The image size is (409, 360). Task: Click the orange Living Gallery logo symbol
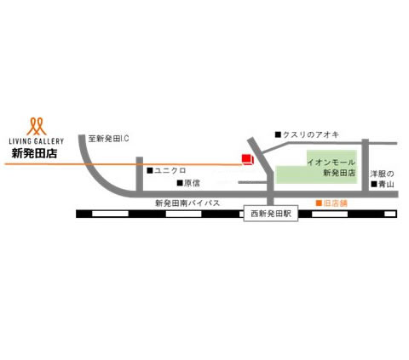(37, 126)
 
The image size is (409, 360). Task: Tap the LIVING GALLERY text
(37, 141)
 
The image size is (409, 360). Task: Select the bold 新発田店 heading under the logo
(34, 153)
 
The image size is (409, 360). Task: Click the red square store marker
(247, 159)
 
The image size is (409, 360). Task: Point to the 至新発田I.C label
(108, 139)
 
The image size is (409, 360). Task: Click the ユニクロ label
(170, 170)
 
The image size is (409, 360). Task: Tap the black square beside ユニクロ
(150, 170)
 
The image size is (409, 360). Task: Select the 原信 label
(192, 183)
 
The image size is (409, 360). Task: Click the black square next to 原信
(180, 183)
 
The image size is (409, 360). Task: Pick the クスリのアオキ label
(311, 134)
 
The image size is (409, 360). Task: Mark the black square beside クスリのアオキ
(278, 134)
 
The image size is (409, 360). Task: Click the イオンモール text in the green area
(331, 163)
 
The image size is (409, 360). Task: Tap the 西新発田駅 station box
(271, 214)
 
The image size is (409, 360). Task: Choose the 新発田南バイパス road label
(187, 203)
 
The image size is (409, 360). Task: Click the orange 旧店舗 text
(336, 203)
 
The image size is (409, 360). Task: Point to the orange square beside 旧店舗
(320, 203)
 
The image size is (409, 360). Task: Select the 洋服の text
(382, 174)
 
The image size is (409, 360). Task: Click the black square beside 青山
(374, 184)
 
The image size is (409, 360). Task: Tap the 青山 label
(386, 184)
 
